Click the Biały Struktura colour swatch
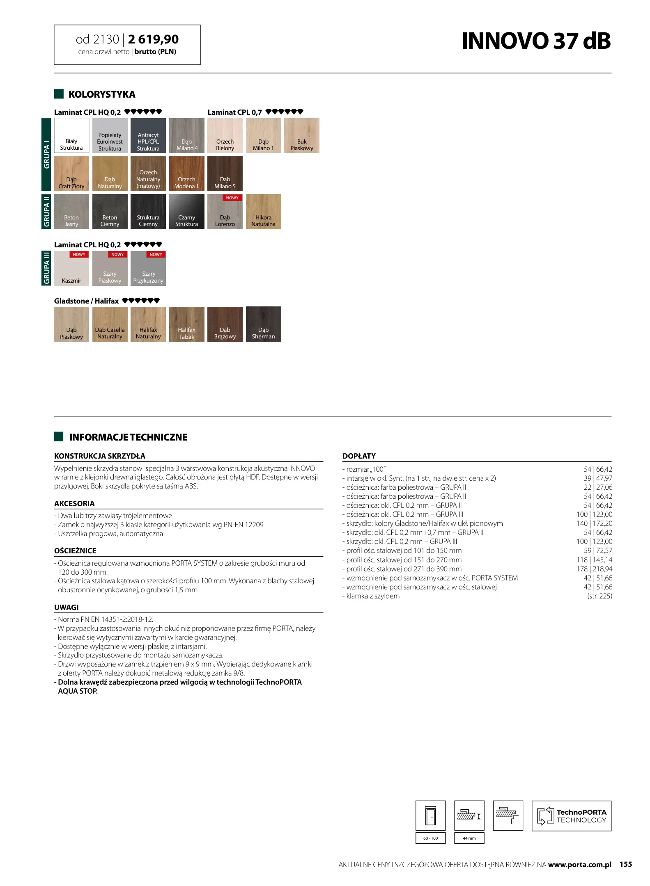[x=71, y=135]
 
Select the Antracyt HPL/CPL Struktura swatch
[x=148, y=135]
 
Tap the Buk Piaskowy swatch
[x=302, y=135]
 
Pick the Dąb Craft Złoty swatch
[x=71, y=173]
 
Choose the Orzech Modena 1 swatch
[x=186, y=173]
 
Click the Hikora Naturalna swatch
[x=263, y=211]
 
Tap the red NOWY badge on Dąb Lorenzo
[x=232, y=198]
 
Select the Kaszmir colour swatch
[x=71, y=268]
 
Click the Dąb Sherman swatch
[x=263, y=324]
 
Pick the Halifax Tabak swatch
[x=186, y=324]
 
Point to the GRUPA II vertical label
[x=46, y=211]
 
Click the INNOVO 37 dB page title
[x=536, y=41]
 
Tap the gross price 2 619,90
[x=153, y=39]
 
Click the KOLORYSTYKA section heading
[x=101, y=94]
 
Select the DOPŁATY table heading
[x=359, y=456]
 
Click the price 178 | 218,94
[x=594, y=569]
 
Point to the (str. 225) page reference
[x=599, y=596]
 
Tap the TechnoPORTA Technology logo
[x=571, y=816]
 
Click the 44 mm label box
[x=469, y=838]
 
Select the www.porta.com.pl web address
[x=579, y=864]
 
